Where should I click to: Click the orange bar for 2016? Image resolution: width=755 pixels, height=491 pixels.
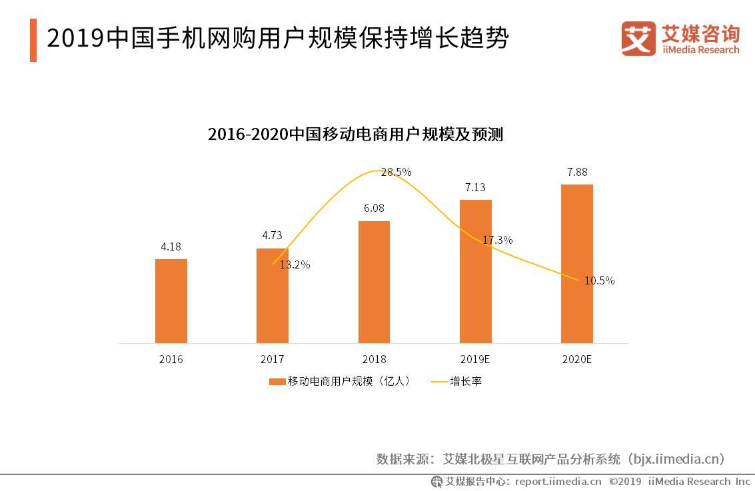coord(171,301)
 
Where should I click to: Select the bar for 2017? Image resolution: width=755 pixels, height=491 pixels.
coord(273,296)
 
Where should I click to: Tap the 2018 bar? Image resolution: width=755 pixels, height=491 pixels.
coord(374,282)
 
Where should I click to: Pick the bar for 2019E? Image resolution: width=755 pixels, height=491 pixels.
coord(476,271)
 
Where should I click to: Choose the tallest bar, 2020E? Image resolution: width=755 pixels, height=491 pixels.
coord(577,264)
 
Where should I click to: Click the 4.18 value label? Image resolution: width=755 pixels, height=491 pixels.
coord(171,246)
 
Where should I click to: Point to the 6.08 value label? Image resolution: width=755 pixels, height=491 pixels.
coord(374,209)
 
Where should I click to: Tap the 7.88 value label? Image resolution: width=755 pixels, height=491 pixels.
coord(577,172)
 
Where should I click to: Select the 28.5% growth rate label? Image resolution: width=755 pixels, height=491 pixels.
coord(396,172)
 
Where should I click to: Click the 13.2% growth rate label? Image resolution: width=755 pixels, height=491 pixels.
coord(295,264)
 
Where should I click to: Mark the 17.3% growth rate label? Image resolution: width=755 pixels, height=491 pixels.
coord(498,240)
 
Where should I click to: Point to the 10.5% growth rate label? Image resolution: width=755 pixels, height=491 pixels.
coord(599,280)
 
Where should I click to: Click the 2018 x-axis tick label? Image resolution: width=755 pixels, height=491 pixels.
coord(374,359)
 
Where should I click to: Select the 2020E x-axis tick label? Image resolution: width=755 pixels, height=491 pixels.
coord(577,359)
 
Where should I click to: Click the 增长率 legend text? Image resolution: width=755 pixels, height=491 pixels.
coord(466,382)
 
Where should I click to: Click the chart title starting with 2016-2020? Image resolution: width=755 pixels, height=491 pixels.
coord(355,135)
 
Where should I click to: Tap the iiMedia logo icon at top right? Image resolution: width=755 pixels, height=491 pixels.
coord(638,39)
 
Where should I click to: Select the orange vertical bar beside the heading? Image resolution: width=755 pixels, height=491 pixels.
coord(33,40)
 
